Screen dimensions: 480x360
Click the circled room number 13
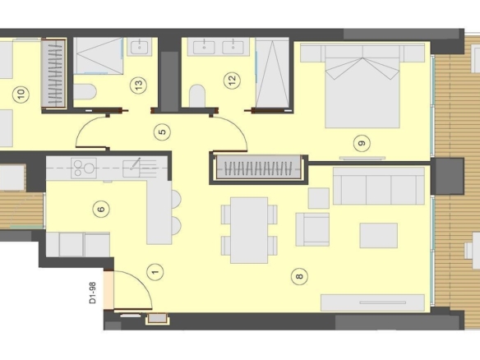(138, 85)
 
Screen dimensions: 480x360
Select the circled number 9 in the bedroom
(362, 143)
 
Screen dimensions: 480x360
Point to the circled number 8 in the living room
(299, 276)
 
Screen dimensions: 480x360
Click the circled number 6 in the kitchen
(101, 209)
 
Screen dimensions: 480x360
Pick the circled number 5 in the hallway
(162, 132)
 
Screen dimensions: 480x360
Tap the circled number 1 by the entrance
(155, 272)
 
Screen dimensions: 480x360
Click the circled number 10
(21, 94)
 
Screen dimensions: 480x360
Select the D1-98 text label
(92, 293)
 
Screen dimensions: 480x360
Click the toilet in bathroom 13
(85, 92)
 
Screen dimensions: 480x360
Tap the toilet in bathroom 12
(197, 96)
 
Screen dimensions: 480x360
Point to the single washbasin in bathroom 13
(140, 47)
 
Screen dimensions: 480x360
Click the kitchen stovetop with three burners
(84, 168)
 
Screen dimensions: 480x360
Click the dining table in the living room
(249, 230)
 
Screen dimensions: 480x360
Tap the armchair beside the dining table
(312, 229)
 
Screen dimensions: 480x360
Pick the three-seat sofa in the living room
(379, 186)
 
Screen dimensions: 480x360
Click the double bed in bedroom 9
(362, 85)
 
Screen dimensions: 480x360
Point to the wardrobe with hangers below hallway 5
(258, 167)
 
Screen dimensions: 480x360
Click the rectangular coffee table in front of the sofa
(379, 235)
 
